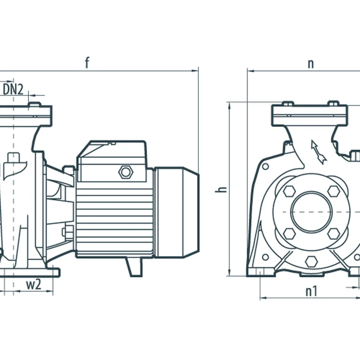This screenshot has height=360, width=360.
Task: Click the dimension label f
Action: (x=87, y=63)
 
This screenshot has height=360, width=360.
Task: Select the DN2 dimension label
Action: (x=13, y=89)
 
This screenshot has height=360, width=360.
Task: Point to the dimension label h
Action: (x=220, y=189)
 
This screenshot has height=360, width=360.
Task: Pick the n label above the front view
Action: (x=310, y=63)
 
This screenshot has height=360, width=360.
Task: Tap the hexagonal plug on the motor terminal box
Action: (x=124, y=171)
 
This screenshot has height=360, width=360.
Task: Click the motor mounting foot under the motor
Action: (x=134, y=266)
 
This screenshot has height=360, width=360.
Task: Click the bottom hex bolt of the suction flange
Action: (x=310, y=261)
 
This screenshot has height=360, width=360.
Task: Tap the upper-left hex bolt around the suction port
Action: (x=289, y=191)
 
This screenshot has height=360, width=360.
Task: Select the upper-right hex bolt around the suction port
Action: (x=333, y=191)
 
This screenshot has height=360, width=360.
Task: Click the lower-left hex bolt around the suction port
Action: (x=289, y=233)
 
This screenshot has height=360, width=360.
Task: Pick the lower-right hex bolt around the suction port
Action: (x=333, y=233)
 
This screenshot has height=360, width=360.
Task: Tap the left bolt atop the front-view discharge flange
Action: (x=288, y=103)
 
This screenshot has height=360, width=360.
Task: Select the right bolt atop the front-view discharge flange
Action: (x=333, y=103)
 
